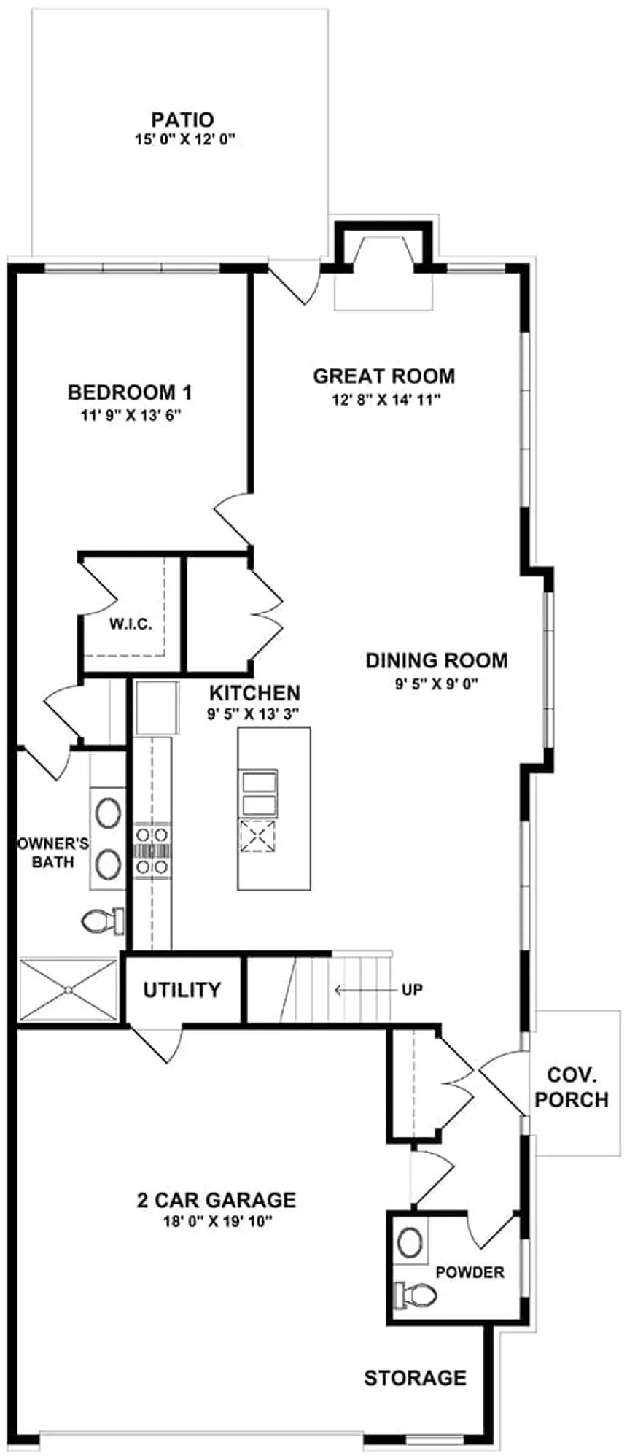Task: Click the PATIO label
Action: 182,120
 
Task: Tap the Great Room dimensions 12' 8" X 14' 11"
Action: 383,399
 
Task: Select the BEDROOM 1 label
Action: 130,392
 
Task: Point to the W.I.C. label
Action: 131,624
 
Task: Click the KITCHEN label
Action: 254,692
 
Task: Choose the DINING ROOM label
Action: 437,661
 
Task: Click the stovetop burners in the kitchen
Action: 152,850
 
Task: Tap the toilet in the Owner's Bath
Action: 102,922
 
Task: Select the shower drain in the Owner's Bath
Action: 68,990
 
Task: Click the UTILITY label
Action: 182,990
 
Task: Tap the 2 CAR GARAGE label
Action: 217,1200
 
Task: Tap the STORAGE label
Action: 416,1378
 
